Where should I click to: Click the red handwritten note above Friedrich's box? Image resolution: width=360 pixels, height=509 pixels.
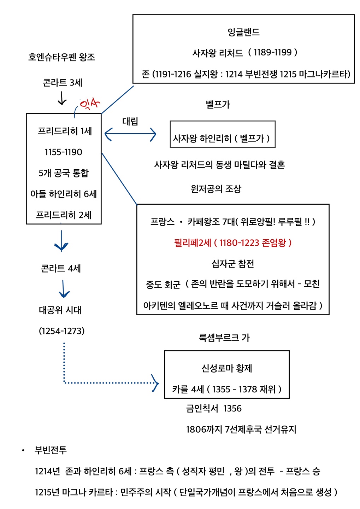coord(90,104)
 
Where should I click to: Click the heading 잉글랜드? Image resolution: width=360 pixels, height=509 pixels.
coord(243,32)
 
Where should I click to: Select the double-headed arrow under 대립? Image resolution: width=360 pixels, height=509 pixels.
coord(130,134)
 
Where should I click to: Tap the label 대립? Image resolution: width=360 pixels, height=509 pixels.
coord(130,121)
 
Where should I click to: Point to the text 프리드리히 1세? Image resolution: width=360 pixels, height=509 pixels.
coord(65,131)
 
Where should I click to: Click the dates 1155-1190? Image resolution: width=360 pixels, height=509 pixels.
coord(64,152)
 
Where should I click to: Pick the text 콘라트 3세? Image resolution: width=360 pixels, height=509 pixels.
coord(63,82)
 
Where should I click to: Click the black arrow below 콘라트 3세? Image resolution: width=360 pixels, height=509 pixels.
coord(62,98)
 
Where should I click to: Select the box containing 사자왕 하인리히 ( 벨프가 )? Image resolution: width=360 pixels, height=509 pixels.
coord(223,134)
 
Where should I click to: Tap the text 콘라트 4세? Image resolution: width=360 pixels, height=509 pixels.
coord(61,268)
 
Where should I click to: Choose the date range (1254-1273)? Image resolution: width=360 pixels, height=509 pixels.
coord(62,331)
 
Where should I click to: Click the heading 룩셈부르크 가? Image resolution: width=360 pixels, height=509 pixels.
coord(224,337)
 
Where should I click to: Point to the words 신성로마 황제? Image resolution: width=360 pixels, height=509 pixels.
coord(227,368)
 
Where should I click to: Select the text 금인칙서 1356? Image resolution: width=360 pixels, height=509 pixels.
coord(214,409)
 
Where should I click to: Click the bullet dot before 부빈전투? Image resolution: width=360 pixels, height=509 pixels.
coord(23,450)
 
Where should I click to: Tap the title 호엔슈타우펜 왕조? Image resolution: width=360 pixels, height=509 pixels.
coord(62,57)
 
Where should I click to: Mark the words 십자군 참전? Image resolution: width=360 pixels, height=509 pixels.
coord(233,264)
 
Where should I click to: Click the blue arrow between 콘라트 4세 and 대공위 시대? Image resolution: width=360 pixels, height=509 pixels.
coord(64,289)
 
